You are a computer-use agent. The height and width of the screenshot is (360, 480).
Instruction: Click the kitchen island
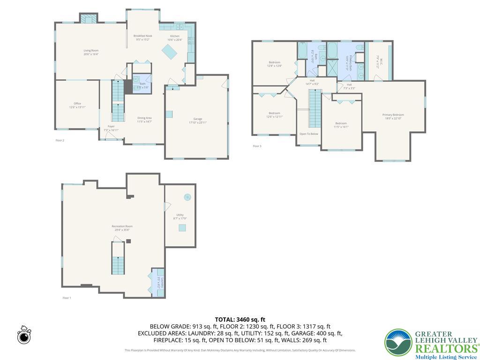coord(170,53)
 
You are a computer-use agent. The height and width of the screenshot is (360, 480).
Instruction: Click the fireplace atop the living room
coord(88,18)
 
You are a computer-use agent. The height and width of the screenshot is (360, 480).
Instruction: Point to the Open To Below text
coord(309,134)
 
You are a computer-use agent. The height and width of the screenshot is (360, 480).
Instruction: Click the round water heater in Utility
coord(187,197)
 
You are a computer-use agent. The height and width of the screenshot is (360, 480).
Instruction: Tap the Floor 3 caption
coord(257,146)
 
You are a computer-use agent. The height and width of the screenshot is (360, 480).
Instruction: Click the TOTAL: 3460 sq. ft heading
coord(240,320)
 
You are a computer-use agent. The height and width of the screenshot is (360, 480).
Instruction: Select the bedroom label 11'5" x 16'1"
coord(341,125)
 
